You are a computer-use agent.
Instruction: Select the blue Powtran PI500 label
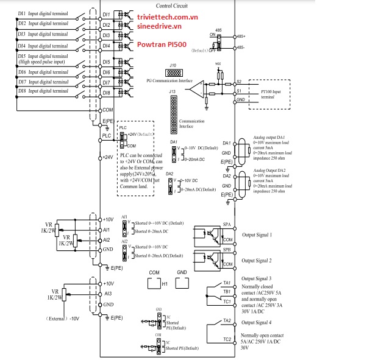157,44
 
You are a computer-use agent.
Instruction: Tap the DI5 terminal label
106,62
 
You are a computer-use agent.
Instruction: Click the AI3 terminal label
107,294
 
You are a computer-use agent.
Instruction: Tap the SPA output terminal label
227,224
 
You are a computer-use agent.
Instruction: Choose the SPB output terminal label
227,250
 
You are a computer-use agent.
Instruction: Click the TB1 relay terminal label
227,292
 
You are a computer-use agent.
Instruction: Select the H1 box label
164,283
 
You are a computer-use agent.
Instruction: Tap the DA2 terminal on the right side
226,175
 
